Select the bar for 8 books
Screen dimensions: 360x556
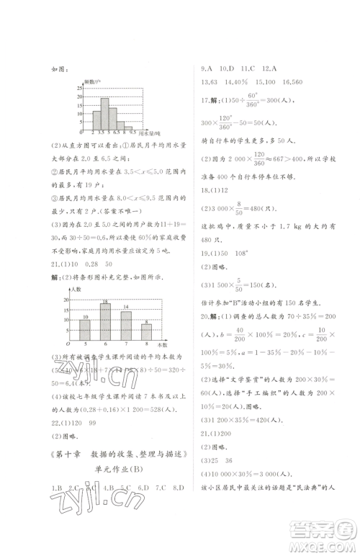point(146,331)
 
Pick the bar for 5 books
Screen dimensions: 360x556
point(85,329)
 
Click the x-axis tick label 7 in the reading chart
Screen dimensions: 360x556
point(126,344)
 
